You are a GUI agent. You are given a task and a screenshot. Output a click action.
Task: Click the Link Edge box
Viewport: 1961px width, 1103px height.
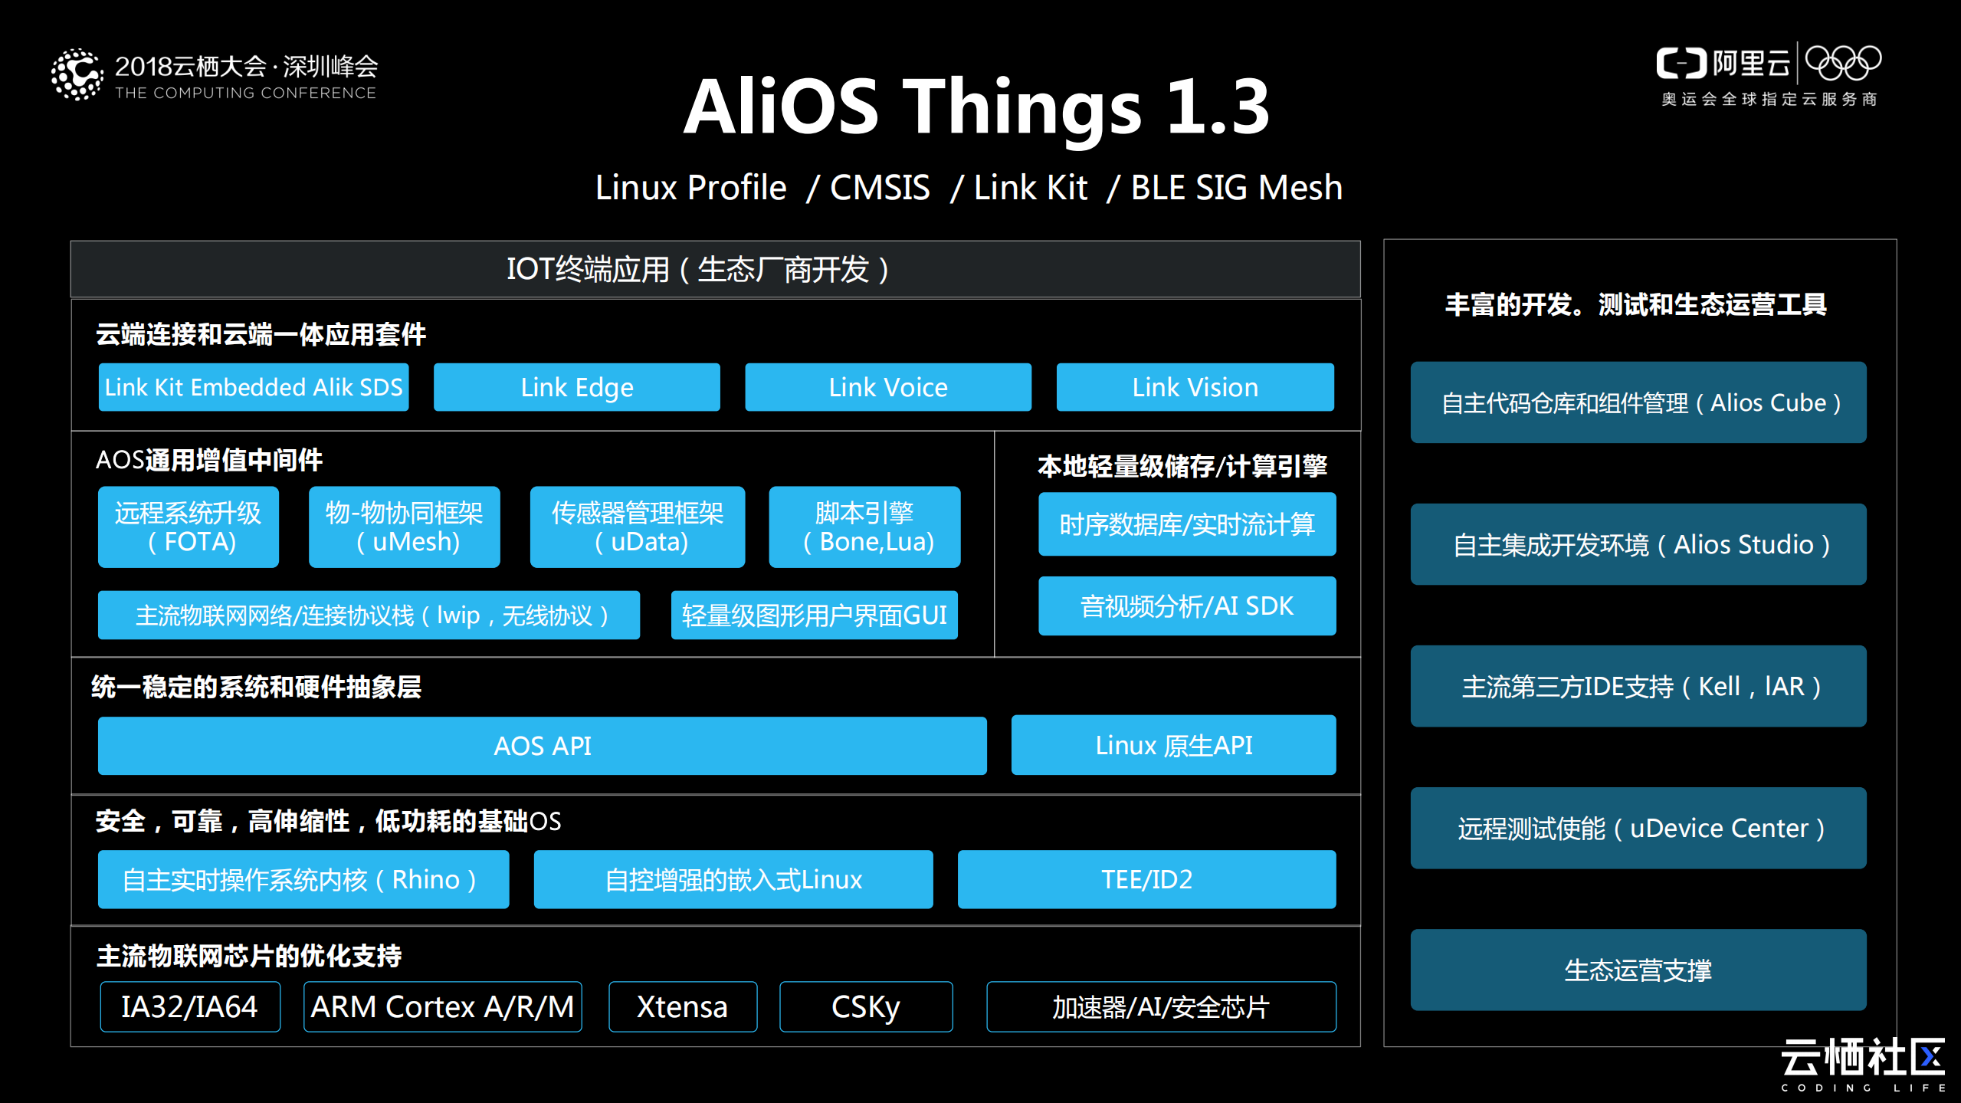click(576, 387)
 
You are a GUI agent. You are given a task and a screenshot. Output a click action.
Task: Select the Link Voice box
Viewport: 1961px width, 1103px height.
click(887, 387)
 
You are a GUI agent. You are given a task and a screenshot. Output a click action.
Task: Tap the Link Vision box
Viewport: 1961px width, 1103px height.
click(1195, 387)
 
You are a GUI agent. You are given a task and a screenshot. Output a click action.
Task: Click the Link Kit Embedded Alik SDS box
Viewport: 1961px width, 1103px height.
click(254, 387)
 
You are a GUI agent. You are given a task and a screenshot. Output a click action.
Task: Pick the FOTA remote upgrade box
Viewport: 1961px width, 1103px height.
click(189, 527)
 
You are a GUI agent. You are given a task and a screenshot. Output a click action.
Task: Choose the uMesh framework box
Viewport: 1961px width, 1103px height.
click(404, 527)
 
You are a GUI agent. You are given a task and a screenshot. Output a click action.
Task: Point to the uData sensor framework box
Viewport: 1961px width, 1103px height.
click(637, 527)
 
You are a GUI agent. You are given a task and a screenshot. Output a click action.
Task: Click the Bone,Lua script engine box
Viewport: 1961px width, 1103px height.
click(864, 527)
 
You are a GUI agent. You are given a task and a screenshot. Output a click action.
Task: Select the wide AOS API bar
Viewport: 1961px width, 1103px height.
click(542, 746)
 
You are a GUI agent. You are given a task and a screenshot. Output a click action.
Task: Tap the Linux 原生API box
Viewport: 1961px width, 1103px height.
click(1173, 745)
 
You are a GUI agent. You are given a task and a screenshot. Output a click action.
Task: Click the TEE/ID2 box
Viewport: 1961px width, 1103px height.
click(1146, 879)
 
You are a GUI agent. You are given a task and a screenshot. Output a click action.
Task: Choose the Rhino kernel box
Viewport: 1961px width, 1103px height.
click(303, 879)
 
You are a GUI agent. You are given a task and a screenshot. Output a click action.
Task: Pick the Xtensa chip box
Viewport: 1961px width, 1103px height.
click(683, 1006)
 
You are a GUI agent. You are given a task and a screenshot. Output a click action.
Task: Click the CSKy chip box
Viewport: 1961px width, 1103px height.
click(866, 1006)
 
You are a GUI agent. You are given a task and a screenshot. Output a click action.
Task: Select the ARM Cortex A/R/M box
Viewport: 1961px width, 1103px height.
click(442, 1006)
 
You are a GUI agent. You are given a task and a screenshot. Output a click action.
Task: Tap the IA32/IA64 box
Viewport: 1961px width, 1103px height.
click(190, 1006)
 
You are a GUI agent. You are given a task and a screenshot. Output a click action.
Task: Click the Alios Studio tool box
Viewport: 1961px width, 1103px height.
click(1638, 544)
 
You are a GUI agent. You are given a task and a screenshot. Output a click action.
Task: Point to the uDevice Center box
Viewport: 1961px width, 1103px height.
click(1638, 828)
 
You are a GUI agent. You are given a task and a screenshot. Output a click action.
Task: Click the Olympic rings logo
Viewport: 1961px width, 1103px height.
click(1843, 63)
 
